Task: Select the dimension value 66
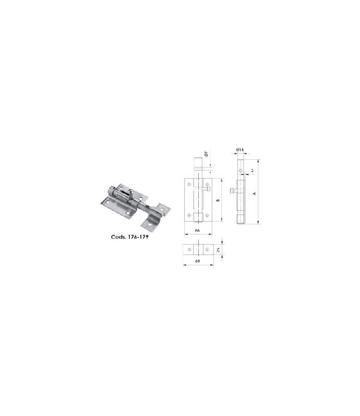point(198,230)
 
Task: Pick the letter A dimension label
point(254,193)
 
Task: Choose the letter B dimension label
point(218,200)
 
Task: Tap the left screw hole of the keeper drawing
point(189,249)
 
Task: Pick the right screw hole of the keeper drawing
point(207,249)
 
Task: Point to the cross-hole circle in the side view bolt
point(240,170)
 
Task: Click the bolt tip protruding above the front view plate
point(198,164)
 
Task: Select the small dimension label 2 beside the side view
point(253,171)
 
